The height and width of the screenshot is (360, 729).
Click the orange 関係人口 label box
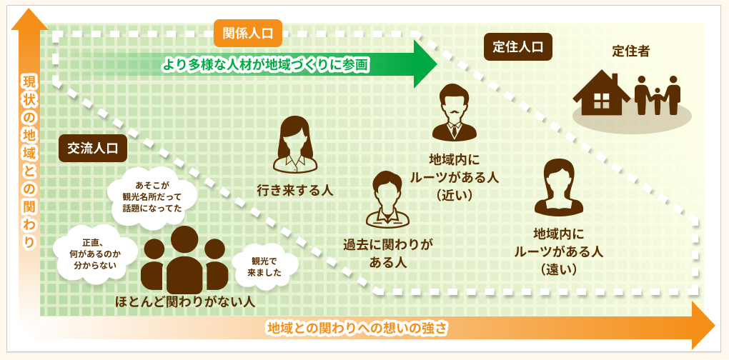(248, 33)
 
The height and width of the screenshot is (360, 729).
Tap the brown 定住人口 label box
(518, 47)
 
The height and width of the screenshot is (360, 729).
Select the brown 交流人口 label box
(93, 148)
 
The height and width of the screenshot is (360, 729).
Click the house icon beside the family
(602, 94)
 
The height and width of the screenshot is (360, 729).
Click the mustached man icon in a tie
(453, 112)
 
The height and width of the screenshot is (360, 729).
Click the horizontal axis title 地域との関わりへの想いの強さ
(357, 329)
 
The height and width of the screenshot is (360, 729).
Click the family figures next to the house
(658, 95)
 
